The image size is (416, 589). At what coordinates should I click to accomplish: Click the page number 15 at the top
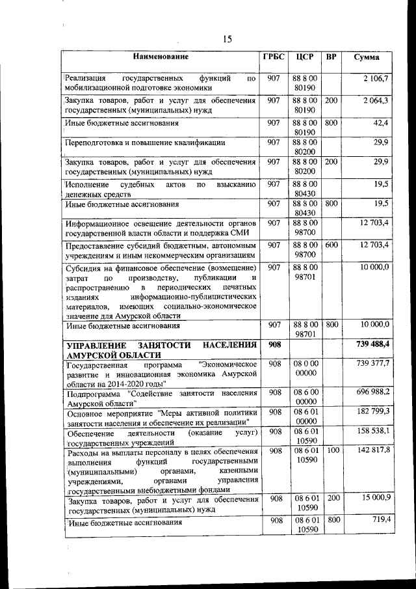click(x=227, y=39)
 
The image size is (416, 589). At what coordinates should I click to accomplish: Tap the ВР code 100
click(x=331, y=450)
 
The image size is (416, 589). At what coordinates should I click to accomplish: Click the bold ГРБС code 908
click(x=274, y=343)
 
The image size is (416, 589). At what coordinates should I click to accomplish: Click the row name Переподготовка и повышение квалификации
click(x=145, y=143)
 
